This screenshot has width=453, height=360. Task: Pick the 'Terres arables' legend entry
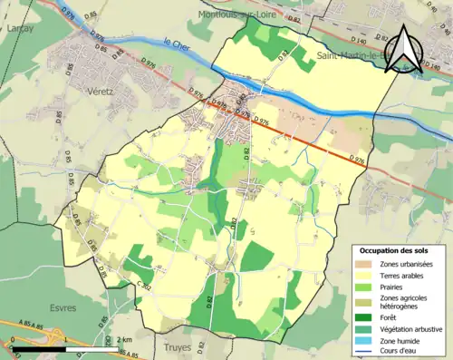(401, 275)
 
